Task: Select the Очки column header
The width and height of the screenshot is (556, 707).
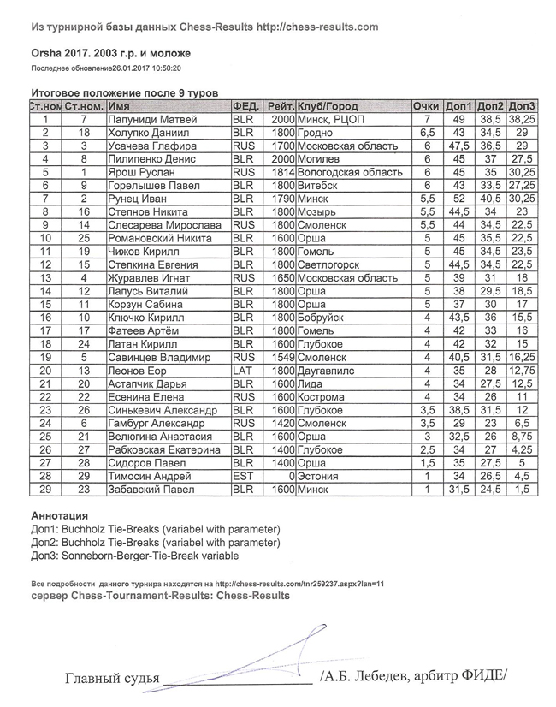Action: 425,107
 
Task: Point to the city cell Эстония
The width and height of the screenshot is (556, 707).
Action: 317,476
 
